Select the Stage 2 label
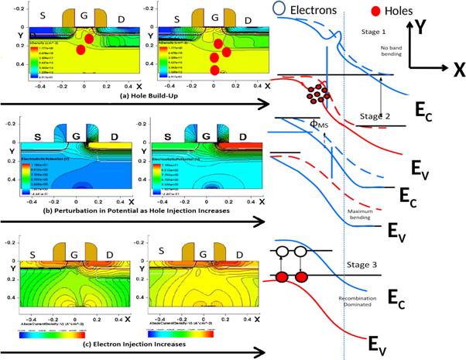click(x=375, y=115)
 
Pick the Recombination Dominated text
click(x=356, y=301)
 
